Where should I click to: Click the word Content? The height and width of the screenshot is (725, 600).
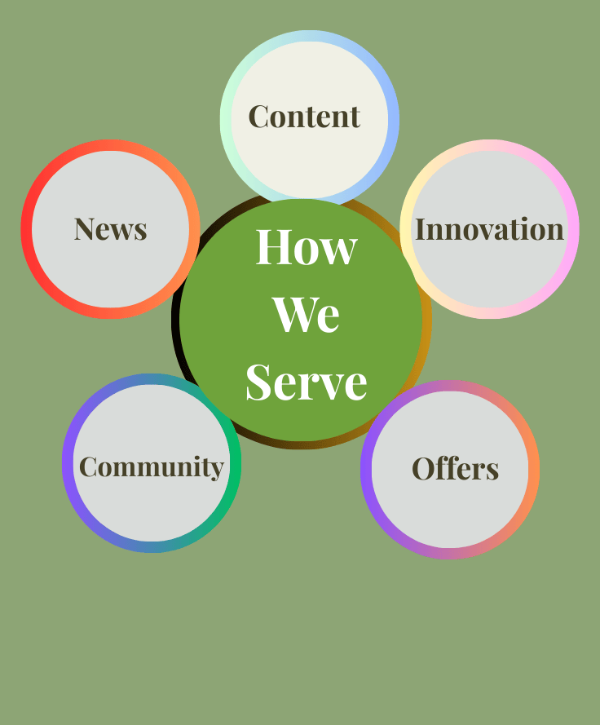click(303, 117)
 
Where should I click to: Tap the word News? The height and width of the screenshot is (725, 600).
click(110, 229)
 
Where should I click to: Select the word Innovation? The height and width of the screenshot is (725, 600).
click(489, 229)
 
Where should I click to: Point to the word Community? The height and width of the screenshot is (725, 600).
click(151, 466)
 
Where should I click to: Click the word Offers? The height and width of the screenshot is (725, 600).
click(455, 469)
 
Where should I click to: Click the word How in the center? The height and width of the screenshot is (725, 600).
click(306, 246)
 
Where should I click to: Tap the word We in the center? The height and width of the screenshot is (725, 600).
click(306, 314)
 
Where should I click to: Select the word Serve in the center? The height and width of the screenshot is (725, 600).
click(306, 382)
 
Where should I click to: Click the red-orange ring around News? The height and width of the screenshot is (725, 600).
click(27, 229)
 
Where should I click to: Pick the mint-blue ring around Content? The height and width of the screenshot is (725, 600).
click(226, 117)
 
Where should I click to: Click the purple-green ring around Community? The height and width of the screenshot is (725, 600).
click(68, 463)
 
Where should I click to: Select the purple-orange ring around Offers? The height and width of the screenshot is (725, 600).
click(366, 469)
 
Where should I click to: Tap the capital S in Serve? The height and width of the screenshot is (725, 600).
click(260, 382)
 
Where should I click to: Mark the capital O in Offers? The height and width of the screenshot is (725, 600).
click(423, 469)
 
